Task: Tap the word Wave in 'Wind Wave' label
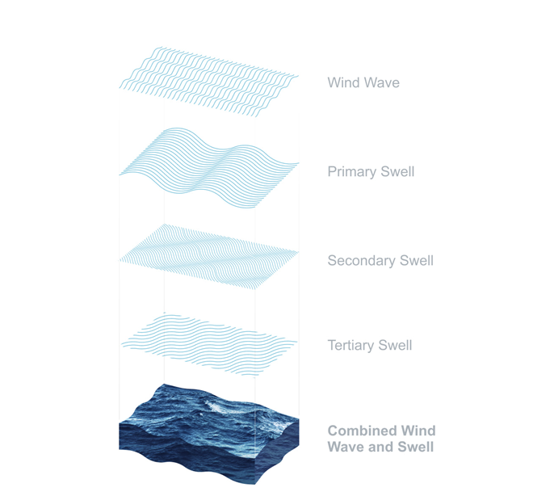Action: click(382, 82)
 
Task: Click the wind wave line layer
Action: click(209, 82)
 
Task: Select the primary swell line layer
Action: click(209, 168)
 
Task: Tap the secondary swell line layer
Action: click(209, 256)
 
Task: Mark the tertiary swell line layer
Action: click(209, 345)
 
